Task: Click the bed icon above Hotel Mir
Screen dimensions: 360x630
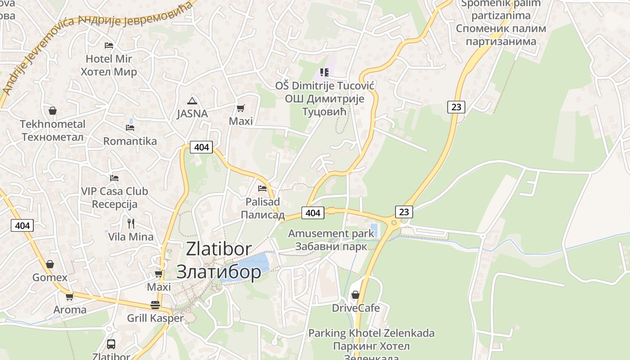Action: click(108, 45)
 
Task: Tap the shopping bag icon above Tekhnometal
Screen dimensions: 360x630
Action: click(53, 111)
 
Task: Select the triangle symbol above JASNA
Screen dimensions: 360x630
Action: click(192, 101)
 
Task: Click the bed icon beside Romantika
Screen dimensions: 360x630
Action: click(130, 128)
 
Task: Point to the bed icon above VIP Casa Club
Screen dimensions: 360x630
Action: click(114, 178)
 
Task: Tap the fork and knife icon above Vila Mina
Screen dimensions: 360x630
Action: click(131, 223)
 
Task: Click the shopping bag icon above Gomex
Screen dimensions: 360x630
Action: click(50, 264)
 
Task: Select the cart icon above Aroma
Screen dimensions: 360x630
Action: click(70, 297)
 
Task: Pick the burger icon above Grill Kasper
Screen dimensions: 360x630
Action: click(155, 305)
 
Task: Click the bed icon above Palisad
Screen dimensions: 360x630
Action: click(262, 189)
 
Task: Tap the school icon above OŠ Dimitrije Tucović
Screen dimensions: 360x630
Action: click(324, 72)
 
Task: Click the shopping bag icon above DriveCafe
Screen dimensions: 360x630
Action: click(355, 295)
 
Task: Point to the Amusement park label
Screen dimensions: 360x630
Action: click(331, 234)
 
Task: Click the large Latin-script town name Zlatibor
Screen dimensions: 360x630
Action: click(219, 249)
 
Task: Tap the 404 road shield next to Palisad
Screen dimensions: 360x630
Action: click(313, 213)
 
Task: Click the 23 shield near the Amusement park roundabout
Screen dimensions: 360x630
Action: click(404, 211)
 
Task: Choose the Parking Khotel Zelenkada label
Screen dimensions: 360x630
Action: click(371, 333)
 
